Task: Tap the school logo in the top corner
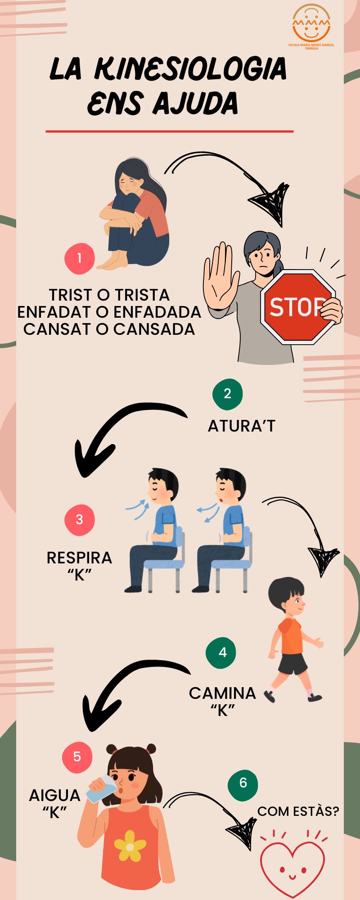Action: [x=311, y=27]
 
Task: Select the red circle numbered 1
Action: [x=80, y=259]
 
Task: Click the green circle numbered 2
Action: [x=227, y=394]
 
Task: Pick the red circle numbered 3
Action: [x=80, y=520]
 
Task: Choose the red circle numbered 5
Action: [x=77, y=756]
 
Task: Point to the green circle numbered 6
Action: [x=243, y=783]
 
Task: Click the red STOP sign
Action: [x=297, y=307]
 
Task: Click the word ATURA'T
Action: [x=241, y=426]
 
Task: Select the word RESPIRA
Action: [x=79, y=558]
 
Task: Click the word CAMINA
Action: [x=222, y=693]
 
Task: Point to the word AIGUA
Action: [x=54, y=796]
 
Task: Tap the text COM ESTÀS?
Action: [x=298, y=811]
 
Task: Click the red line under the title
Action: [x=170, y=131]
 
